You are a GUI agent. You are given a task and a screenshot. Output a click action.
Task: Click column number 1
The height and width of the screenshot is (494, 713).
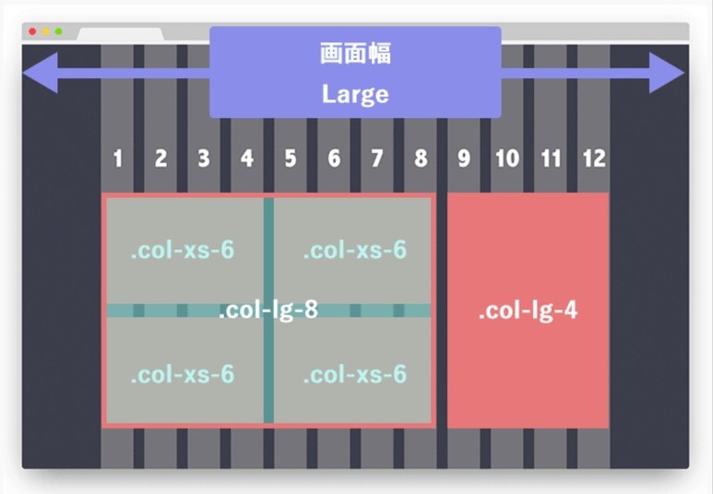[117, 159]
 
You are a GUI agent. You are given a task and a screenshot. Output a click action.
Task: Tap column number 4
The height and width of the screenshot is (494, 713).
[247, 159]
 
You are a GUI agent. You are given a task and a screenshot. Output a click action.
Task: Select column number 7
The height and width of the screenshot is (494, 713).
[377, 159]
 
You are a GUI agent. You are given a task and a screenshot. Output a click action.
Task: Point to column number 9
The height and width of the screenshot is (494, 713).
[464, 159]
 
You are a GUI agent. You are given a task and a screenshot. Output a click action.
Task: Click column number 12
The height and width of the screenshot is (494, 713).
[594, 159]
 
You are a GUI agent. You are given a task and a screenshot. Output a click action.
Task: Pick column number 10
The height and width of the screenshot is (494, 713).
[506, 159]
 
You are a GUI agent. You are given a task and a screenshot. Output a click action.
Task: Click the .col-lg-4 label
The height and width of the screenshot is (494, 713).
[528, 312]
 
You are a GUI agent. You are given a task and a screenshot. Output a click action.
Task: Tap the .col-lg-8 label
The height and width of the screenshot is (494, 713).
[268, 312]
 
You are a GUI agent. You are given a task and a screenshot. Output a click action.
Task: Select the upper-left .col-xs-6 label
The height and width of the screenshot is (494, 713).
[182, 251]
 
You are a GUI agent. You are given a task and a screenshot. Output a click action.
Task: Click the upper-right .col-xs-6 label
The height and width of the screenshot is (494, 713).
[354, 251]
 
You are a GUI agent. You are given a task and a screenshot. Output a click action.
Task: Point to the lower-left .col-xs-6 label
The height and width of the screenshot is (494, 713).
[182, 375]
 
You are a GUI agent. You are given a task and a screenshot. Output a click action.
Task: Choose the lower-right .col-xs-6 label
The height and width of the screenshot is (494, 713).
[354, 375]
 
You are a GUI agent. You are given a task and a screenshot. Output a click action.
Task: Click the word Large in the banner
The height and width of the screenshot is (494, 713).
[355, 94]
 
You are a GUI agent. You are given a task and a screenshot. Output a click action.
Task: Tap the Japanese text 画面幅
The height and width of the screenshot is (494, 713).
[355, 54]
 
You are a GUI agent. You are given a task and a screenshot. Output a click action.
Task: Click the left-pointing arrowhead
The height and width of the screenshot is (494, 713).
[42, 73]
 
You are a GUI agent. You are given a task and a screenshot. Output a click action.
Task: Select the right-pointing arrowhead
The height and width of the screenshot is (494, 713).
[666, 73]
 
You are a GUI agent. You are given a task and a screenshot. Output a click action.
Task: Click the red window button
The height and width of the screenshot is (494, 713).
[33, 32]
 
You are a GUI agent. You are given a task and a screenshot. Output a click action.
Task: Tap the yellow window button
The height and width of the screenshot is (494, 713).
[46, 32]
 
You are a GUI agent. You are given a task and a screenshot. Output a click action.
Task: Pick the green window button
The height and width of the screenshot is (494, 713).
[58, 32]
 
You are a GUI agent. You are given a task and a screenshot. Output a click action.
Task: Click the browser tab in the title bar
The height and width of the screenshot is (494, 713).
[120, 35]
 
